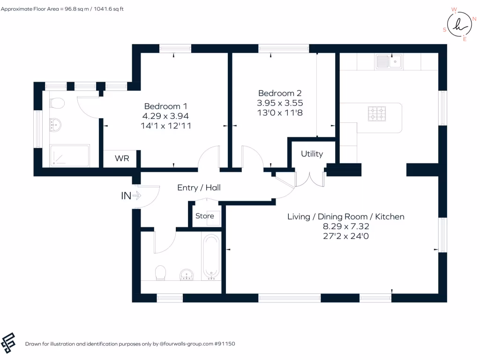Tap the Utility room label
click(312, 154)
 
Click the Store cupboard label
click(205, 216)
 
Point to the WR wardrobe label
click(122, 158)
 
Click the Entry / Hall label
click(199, 187)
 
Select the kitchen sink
click(389, 61)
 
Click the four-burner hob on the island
click(377, 113)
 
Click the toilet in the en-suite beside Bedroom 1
click(57, 103)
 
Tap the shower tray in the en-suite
click(70, 156)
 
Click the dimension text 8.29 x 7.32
click(345, 226)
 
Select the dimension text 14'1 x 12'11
click(167, 126)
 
